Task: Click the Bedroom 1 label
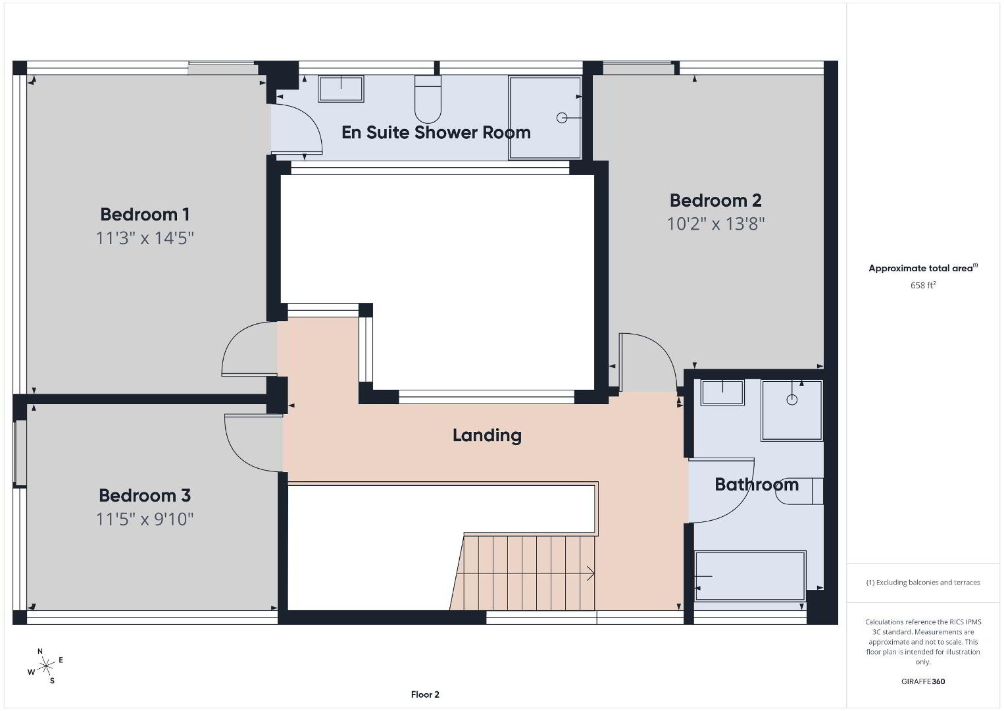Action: click(144, 215)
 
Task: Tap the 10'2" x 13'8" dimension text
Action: click(716, 223)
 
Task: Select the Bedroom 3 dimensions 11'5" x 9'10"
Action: click(144, 519)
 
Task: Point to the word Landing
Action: click(487, 435)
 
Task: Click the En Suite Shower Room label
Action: click(436, 132)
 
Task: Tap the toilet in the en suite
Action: click(428, 99)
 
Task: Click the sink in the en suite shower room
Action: click(341, 89)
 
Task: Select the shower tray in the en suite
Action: click(545, 118)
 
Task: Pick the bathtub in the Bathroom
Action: click(750, 575)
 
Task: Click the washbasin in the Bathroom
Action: click(722, 392)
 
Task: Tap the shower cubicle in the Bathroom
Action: click(791, 410)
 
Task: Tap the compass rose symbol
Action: click(45, 667)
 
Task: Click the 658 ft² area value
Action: click(923, 285)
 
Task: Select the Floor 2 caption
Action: click(425, 695)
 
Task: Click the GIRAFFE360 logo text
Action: click(923, 681)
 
